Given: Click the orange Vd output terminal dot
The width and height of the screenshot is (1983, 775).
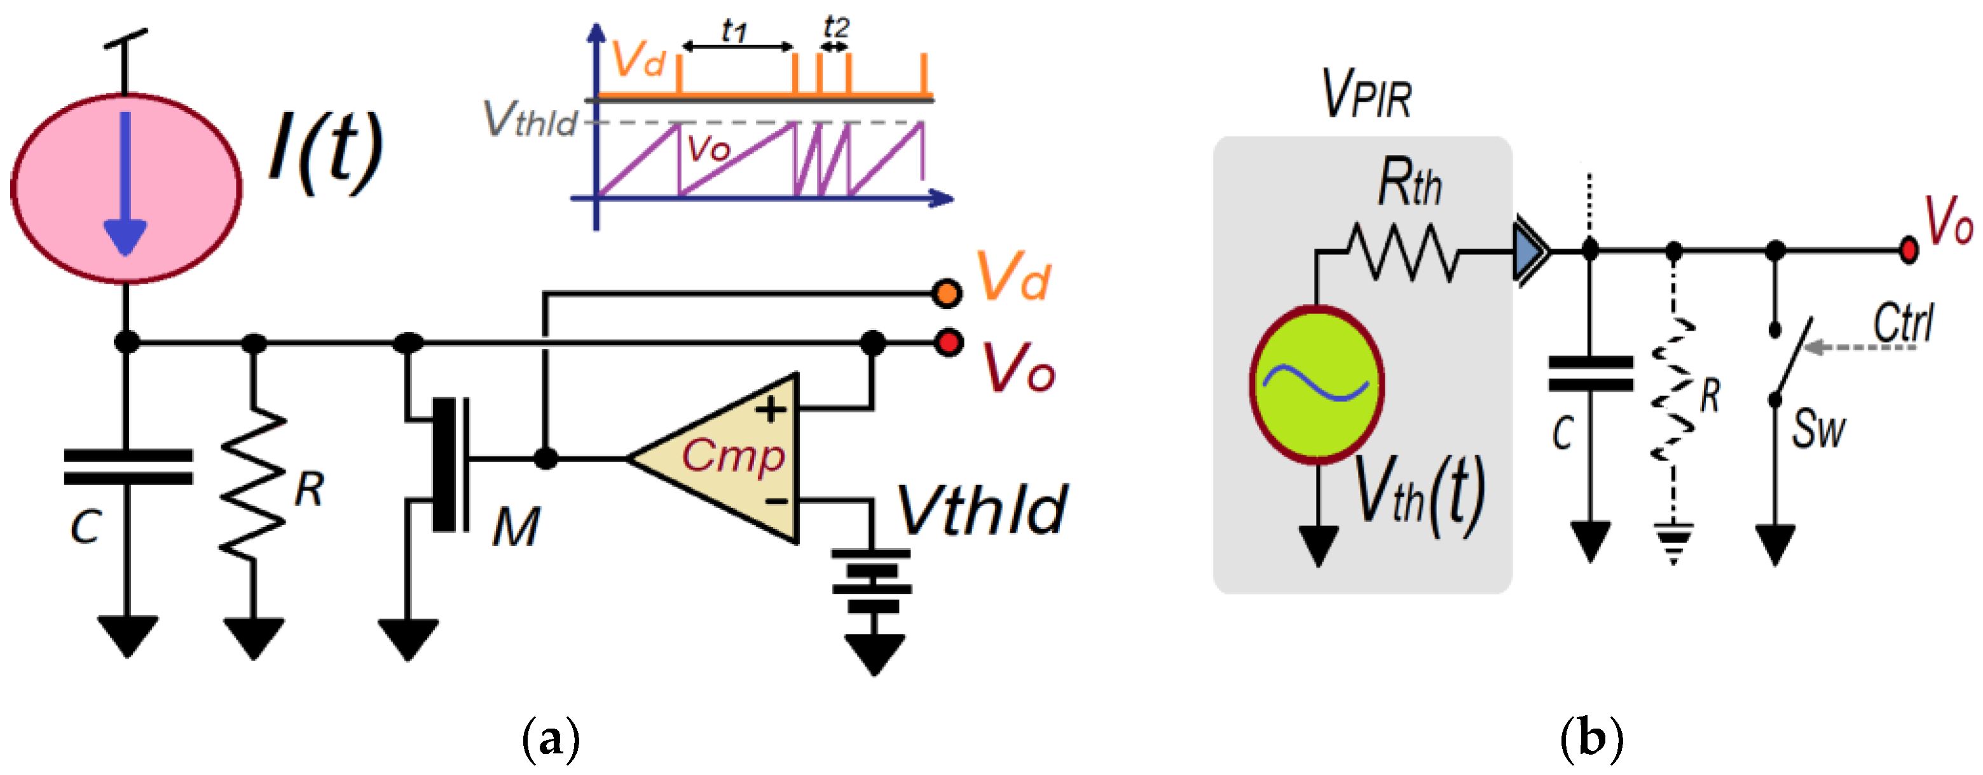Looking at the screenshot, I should click(x=946, y=293).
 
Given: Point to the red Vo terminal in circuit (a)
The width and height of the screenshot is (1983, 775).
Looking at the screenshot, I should click(x=949, y=341).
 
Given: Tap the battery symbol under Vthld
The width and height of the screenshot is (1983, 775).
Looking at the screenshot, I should click(x=872, y=581).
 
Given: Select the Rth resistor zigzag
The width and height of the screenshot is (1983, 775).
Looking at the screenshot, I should click(x=1401, y=251).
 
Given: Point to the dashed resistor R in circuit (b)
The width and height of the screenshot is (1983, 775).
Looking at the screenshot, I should click(x=1674, y=392).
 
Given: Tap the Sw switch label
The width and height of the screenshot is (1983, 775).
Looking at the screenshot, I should click(x=1818, y=429).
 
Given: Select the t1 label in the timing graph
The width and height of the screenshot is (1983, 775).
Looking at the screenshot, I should click(x=734, y=31).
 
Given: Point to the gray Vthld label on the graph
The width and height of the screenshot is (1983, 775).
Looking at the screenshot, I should click(x=530, y=120).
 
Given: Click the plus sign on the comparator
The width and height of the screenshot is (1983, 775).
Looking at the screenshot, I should click(x=771, y=409).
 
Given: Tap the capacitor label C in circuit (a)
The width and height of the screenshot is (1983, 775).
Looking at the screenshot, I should click(x=85, y=527).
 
